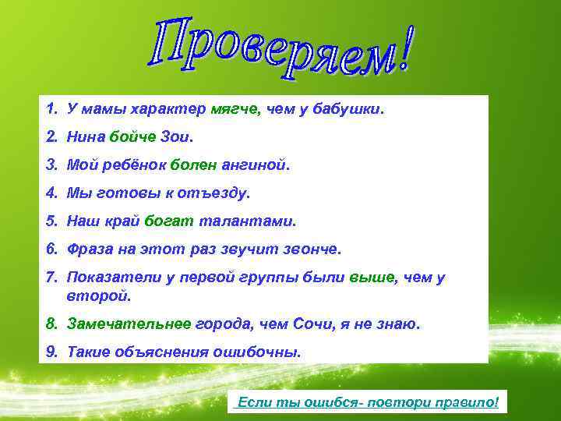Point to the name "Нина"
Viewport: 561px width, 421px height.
pos(86,137)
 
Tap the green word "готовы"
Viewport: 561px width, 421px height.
pos(125,192)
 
